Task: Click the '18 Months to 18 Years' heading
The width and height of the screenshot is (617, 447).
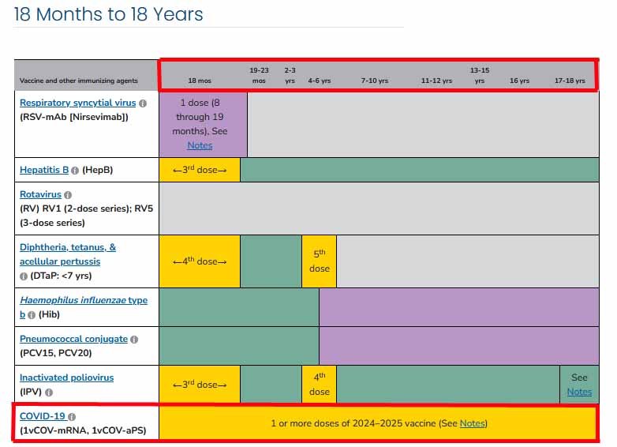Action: click(109, 14)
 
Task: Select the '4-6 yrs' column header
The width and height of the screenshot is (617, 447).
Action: click(319, 81)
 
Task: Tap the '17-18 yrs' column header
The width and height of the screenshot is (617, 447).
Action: click(570, 81)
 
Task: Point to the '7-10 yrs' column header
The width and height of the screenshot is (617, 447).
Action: click(375, 81)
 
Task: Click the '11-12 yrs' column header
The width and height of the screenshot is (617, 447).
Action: click(436, 81)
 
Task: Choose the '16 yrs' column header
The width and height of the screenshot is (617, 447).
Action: click(519, 81)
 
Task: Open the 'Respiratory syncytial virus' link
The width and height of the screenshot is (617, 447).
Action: click(78, 103)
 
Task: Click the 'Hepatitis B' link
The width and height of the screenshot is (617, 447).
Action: click(44, 170)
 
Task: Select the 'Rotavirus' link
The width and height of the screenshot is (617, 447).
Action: click(40, 194)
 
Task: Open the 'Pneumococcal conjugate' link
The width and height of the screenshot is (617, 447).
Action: click(73, 339)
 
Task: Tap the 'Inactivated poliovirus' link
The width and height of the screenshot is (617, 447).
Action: click(66, 378)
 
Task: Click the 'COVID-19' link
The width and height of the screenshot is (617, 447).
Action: click(43, 416)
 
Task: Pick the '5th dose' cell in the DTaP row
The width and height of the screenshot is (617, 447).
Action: click(319, 261)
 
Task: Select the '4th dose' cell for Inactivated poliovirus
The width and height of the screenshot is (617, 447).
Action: click(319, 385)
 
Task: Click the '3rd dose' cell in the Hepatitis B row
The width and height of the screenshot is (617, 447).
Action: click(200, 170)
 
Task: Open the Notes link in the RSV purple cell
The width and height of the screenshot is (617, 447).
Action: click(200, 145)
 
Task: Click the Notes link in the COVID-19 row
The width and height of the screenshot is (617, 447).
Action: click(472, 423)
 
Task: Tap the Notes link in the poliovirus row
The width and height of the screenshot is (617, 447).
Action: click(579, 392)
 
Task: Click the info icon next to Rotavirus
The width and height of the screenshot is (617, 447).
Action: click(68, 195)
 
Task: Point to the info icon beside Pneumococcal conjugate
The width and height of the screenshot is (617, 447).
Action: click(134, 340)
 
